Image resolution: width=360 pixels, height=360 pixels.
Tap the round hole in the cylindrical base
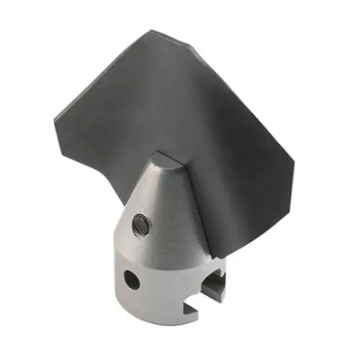coord(132,281)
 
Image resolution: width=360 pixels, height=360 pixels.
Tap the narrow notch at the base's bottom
coord(190,311)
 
